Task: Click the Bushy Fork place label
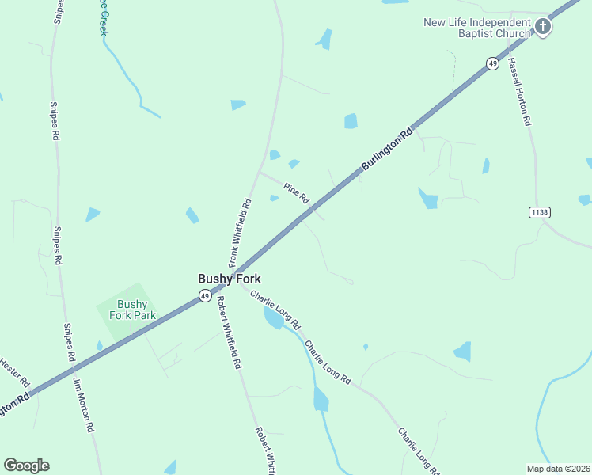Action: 229,279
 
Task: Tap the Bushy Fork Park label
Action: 132,310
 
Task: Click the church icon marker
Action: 543,28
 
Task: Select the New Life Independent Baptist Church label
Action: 476,28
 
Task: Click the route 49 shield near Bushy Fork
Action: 205,296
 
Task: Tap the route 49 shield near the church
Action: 493,63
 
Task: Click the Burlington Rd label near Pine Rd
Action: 388,149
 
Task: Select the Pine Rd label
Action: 295,192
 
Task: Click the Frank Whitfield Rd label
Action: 240,231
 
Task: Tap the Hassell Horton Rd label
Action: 518,92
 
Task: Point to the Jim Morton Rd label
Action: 83,404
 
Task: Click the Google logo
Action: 26,465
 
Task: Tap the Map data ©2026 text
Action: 558,469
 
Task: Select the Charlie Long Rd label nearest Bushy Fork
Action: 275,310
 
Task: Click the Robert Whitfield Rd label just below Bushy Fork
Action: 228,332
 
